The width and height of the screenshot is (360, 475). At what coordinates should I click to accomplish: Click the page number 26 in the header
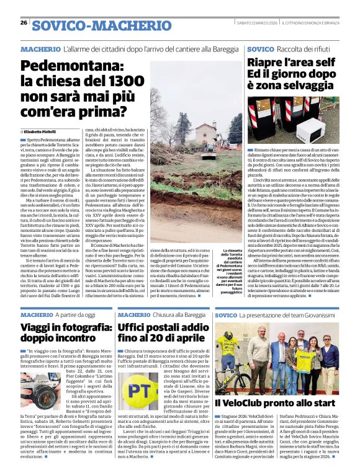[x=24, y=22]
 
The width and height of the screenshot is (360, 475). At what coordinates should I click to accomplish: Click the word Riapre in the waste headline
[x=268, y=63]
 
